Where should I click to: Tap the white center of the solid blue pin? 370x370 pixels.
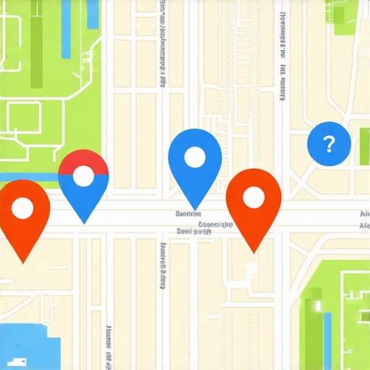click(194, 157)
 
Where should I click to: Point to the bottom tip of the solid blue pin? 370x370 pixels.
click(194, 210)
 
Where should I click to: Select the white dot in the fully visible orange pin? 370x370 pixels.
click(253, 197)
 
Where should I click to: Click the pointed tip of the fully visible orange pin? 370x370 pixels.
click(254, 252)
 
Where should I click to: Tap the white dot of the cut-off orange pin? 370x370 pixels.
click(22, 209)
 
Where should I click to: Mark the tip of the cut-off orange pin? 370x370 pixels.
click(23, 262)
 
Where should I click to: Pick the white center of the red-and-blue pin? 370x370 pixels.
click(84, 176)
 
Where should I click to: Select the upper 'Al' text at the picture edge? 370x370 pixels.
click(364, 214)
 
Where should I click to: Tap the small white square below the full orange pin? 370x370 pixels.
click(251, 269)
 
